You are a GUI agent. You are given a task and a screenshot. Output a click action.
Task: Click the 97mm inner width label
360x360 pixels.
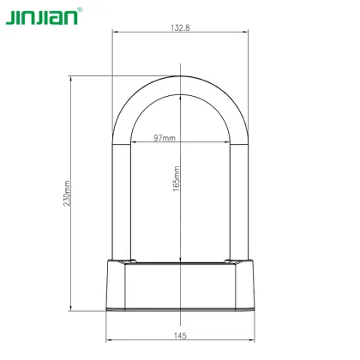point(164,137)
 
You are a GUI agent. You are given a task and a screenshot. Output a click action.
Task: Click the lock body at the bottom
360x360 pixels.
point(180,288)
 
